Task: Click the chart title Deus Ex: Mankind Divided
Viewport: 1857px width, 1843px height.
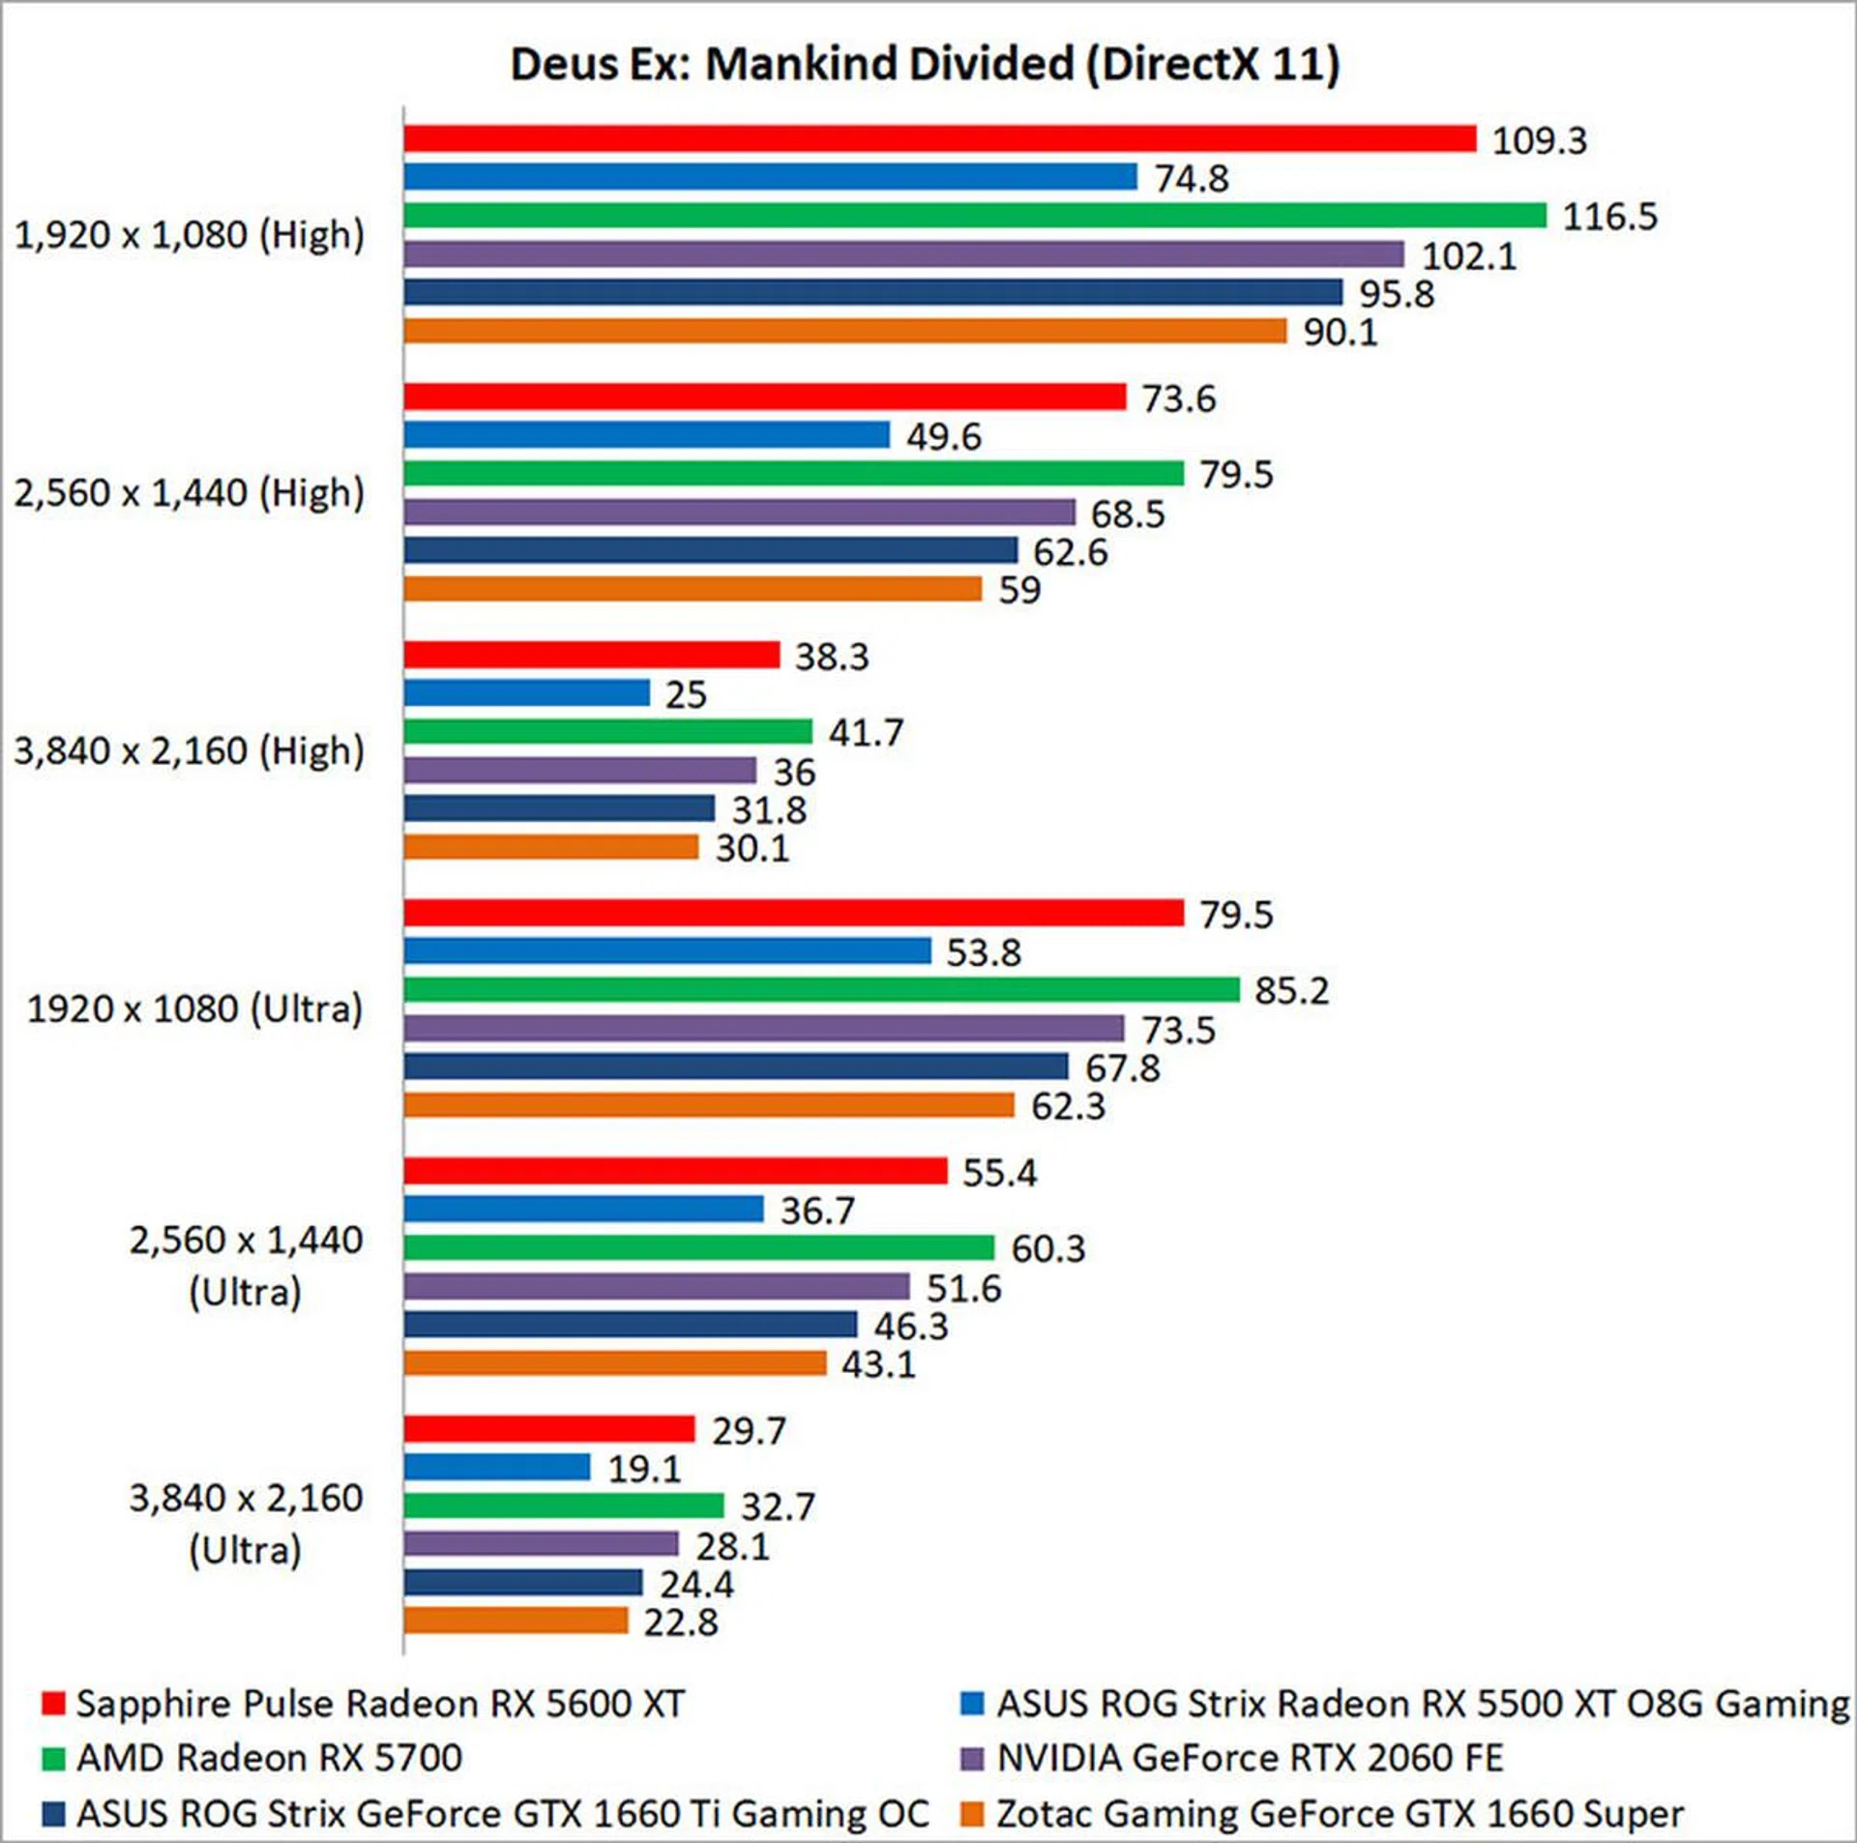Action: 925,65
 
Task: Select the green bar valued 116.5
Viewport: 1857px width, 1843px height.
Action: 975,216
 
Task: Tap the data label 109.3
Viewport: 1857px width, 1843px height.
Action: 1539,141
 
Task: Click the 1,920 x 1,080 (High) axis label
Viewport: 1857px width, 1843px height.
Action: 190,235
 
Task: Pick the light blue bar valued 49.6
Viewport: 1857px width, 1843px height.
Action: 646,435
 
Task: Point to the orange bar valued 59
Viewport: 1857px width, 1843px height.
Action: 693,589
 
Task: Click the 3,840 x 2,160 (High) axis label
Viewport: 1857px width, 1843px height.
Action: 190,751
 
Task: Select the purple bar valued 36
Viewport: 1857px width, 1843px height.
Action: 580,771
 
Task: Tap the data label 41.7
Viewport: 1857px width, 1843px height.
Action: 866,733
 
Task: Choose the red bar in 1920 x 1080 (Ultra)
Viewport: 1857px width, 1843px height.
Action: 793,913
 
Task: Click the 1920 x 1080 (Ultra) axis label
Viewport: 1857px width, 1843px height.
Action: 194,1009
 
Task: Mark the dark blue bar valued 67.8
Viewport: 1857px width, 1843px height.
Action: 735,1067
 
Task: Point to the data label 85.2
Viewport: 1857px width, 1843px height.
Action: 1291,991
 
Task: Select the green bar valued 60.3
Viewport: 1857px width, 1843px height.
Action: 698,1248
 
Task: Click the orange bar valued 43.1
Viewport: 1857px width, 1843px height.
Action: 615,1363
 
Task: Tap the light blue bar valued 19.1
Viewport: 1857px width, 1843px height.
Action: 497,1468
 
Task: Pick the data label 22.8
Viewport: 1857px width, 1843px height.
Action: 681,1623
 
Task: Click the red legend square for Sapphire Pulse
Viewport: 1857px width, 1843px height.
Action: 53,1704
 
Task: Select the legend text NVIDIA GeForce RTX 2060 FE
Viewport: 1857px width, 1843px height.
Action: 1250,1758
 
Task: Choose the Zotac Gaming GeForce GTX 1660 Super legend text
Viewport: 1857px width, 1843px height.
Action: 1340,1814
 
